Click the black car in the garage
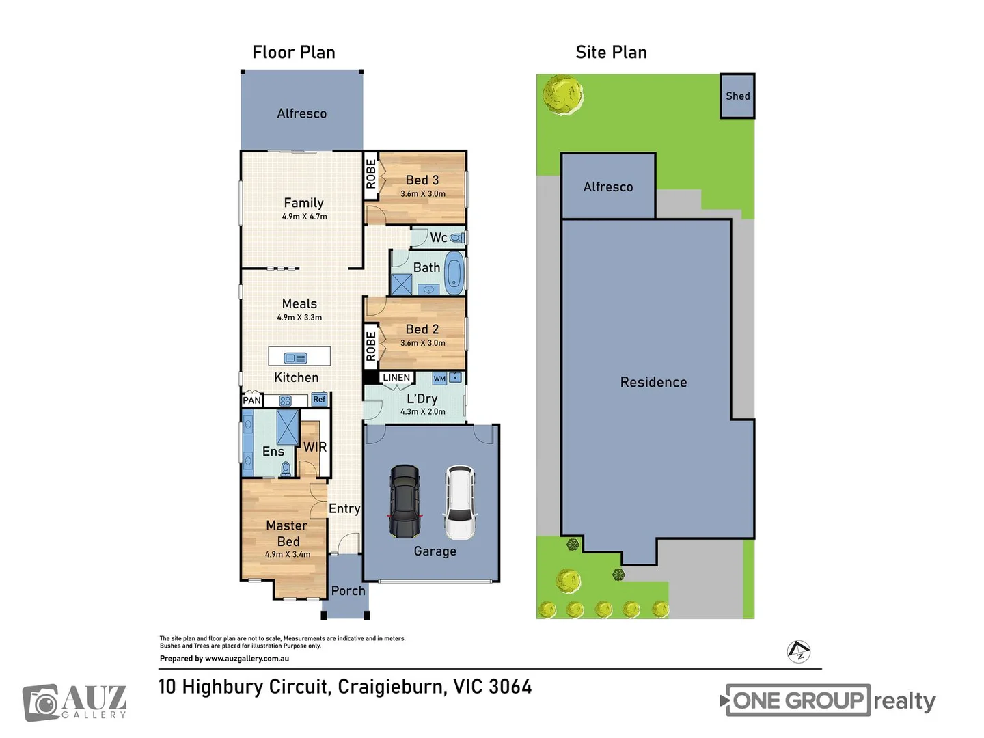(405, 502)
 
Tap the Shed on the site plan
(737, 96)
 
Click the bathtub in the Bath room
(454, 272)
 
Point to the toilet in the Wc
(457, 238)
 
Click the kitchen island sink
(296, 358)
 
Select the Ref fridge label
(319, 400)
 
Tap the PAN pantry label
(251, 400)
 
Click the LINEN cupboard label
(396, 378)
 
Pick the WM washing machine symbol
(439, 379)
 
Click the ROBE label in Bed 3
(370, 174)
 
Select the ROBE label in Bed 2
(370, 346)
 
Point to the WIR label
(315, 448)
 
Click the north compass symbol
(798, 651)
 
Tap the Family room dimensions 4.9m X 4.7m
(304, 217)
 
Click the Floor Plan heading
(294, 53)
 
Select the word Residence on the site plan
(653, 383)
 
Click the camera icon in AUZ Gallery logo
(42, 703)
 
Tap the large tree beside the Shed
(562, 94)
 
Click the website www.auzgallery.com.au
(247, 659)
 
